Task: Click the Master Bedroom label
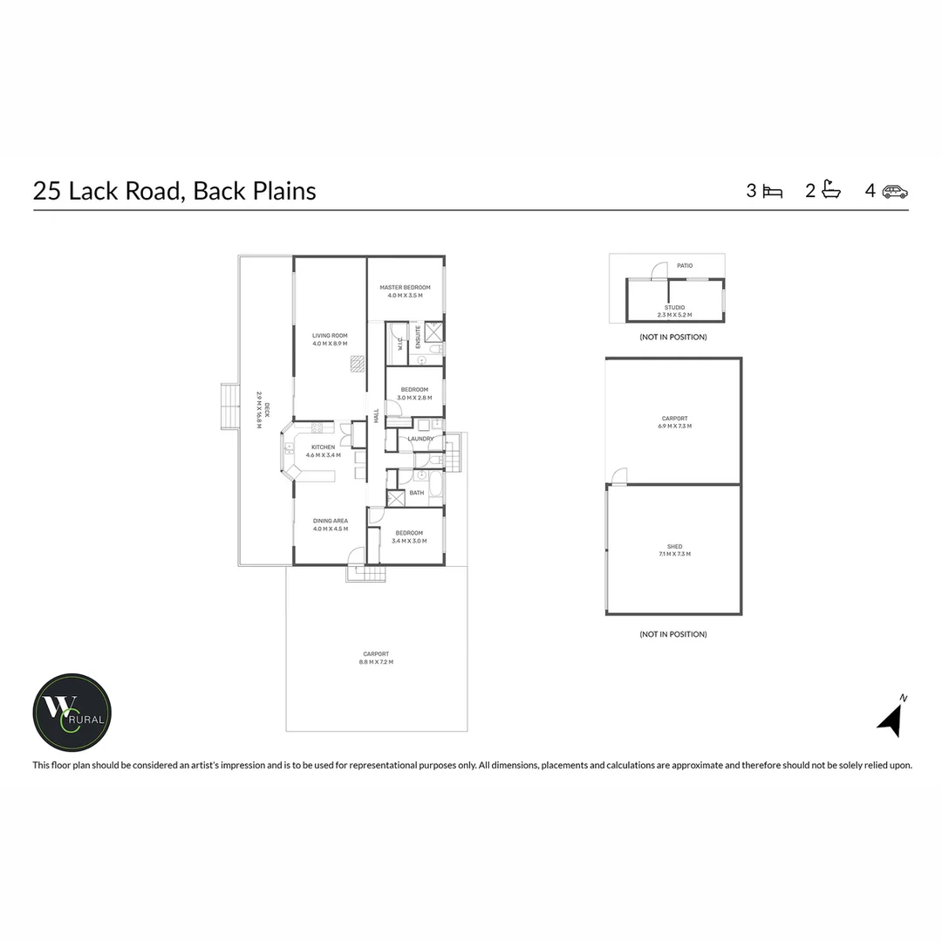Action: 405,291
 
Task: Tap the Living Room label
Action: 330,339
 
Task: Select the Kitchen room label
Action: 323,451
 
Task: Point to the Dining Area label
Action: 331,524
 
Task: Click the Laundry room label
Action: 420,439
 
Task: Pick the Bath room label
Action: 417,493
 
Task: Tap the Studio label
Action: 674,311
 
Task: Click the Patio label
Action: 685,265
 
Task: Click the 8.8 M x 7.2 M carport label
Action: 376,658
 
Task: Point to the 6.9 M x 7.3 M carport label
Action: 675,422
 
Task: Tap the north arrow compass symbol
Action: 891,718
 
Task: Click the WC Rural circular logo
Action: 72,713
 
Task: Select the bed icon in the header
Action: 773,191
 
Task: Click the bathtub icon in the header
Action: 831,190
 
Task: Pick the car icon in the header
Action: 895,191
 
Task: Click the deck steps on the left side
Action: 229,406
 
